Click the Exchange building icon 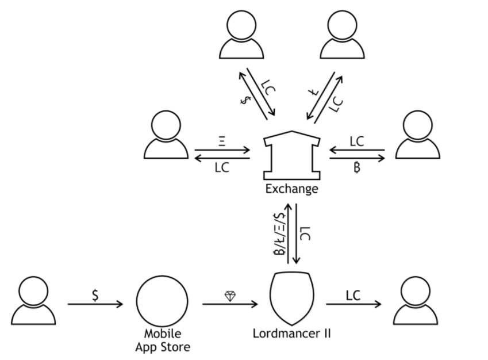pyautogui.click(x=291, y=156)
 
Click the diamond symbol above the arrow pyautogui.click(x=230, y=296)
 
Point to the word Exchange pyautogui.click(x=291, y=189)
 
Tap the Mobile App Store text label pyautogui.click(x=162, y=340)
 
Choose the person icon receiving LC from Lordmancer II pyautogui.click(x=415, y=300)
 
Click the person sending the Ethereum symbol pyautogui.click(x=166, y=136)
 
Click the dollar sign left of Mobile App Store pyautogui.click(x=95, y=294)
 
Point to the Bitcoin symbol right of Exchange pyautogui.click(x=357, y=168)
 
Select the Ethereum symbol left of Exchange pyautogui.click(x=222, y=141)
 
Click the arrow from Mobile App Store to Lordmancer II pyautogui.click(x=230, y=304)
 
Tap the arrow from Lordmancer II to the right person pyautogui.click(x=353, y=304)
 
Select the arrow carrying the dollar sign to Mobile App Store pyautogui.click(x=95, y=304)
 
